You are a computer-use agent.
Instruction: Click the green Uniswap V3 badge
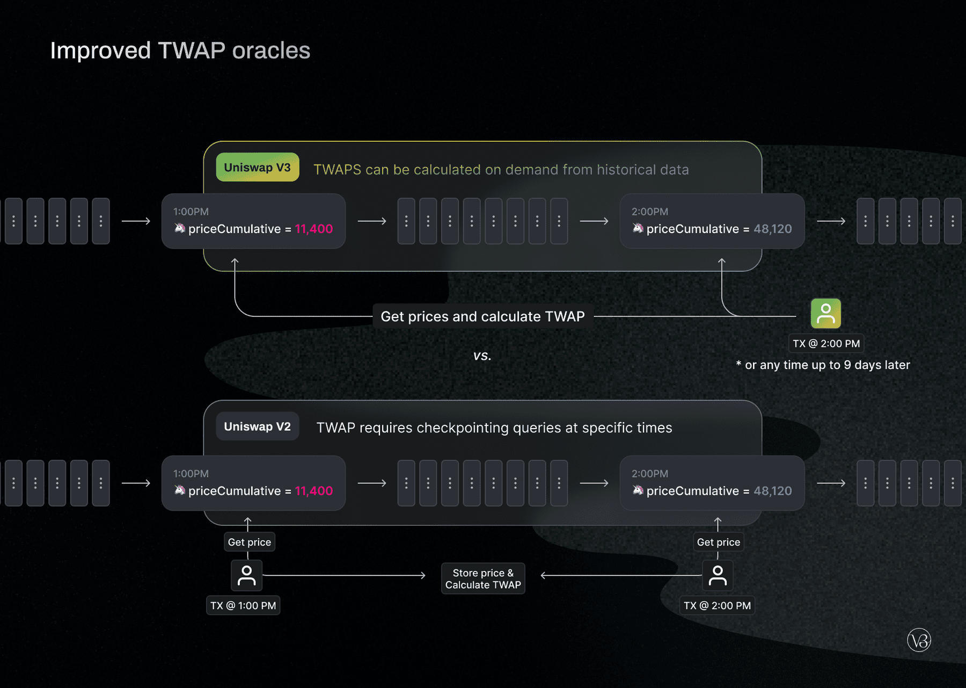tap(257, 168)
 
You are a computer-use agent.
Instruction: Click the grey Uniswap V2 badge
tap(257, 427)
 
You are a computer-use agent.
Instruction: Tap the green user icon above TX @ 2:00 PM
tap(825, 314)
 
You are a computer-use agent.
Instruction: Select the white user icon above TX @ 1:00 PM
tap(246, 575)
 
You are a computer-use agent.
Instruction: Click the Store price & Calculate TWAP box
tap(482, 579)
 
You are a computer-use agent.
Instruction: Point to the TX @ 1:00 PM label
tap(243, 606)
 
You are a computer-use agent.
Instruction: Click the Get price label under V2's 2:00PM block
tap(718, 542)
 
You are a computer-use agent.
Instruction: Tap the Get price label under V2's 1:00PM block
tap(249, 542)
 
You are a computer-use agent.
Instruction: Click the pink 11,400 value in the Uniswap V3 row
tap(314, 229)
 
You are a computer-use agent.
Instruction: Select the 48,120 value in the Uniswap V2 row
tap(772, 491)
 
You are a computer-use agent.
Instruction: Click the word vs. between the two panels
tap(482, 356)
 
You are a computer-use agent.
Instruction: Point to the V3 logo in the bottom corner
tap(919, 640)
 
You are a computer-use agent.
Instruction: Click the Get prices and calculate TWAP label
tap(482, 317)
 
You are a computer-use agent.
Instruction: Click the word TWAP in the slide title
tap(192, 51)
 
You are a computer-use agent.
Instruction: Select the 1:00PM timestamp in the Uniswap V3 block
tap(191, 212)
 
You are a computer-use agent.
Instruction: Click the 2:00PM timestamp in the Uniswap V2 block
tap(649, 474)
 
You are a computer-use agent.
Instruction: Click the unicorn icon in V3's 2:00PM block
tap(638, 228)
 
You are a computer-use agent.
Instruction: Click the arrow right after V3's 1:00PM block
tap(372, 221)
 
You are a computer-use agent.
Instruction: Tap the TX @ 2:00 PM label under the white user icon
tap(717, 606)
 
